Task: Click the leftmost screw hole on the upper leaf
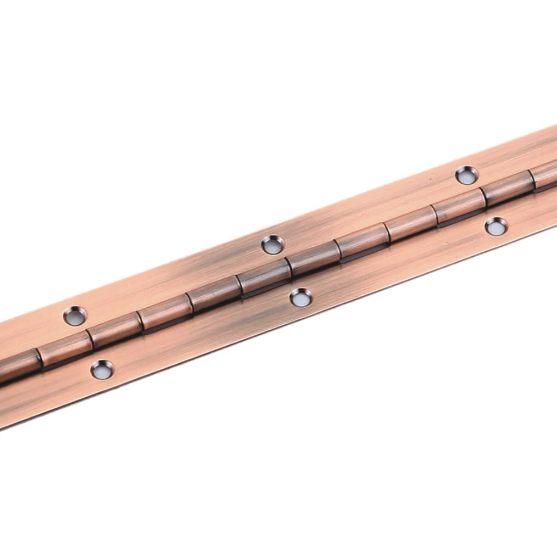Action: (74, 316)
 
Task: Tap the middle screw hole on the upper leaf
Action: (272, 245)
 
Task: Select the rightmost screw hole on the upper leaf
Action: (466, 175)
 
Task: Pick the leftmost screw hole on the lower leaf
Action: (102, 369)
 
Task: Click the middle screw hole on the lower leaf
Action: (301, 297)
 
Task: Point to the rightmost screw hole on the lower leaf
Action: (496, 226)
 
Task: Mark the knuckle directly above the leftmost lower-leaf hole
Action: (114, 331)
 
